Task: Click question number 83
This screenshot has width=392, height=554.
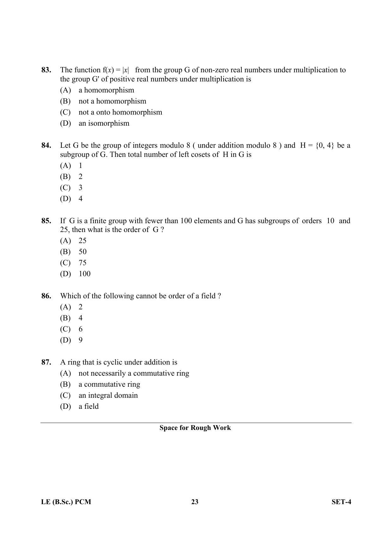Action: (46, 70)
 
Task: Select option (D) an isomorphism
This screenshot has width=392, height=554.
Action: (104, 123)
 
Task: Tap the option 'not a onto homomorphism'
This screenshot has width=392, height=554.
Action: (120, 112)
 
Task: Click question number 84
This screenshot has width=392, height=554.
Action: (46, 145)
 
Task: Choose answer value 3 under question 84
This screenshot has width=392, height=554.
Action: (81, 188)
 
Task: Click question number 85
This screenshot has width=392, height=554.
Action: (46, 221)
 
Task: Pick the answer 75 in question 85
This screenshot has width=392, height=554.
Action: (82, 263)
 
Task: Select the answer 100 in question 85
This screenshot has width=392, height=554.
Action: (84, 274)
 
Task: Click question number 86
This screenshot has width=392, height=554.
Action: (46, 296)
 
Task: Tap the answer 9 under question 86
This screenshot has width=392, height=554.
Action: (81, 340)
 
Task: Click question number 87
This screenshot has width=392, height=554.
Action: (46, 362)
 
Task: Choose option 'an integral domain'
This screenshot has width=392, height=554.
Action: (108, 395)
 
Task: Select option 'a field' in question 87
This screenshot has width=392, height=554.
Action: (88, 406)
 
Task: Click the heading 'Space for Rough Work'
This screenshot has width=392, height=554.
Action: (195, 428)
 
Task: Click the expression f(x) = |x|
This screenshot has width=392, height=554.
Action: (115, 70)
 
